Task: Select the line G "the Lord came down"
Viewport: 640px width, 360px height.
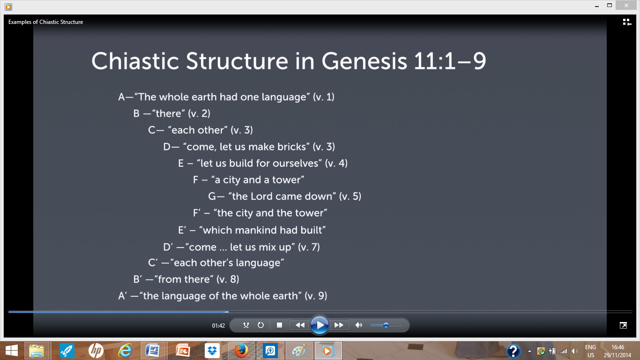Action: click(x=284, y=196)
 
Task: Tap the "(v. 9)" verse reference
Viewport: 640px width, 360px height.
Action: click(x=315, y=296)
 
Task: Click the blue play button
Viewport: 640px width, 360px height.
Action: click(x=319, y=325)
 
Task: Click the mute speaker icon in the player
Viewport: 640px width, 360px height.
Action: click(x=359, y=325)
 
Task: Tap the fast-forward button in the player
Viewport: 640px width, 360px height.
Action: click(x=339, y=325)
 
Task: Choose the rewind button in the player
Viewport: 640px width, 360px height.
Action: click(x=300, y=325)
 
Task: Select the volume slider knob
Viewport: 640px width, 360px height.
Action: click(x=386, y=325)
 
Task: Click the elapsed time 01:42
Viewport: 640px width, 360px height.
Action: click(x=218, y=325)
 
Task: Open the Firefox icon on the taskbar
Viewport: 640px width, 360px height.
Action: click(x=241, y=351)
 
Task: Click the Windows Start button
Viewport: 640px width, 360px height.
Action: click(x=11, y=351)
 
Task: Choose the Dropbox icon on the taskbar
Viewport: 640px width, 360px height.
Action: click(x=212, y=351)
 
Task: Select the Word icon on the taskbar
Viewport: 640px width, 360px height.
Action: click(x=153, y=351)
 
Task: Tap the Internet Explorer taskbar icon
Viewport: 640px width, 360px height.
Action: click(x=125, y=351)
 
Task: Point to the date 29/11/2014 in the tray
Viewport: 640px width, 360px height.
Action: click(x=618, y=355)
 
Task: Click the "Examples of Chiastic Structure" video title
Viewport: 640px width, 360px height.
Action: click(x=45, y=22)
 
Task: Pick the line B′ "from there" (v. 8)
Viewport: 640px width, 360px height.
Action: click(x=186, y=279)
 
